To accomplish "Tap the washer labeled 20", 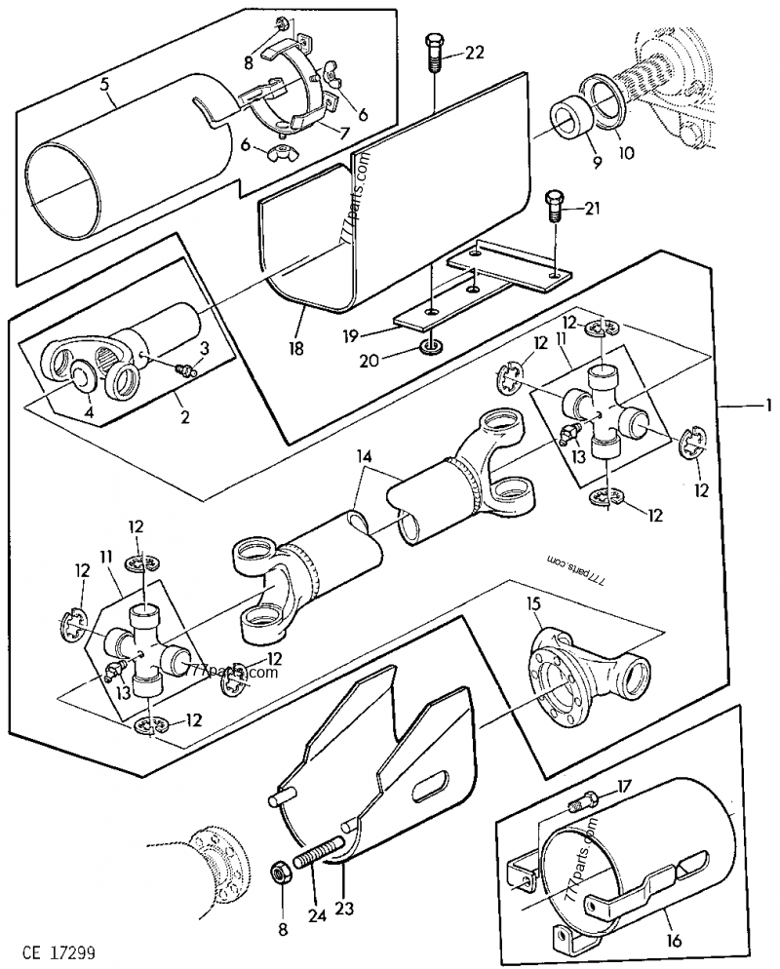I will pos(430,347).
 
